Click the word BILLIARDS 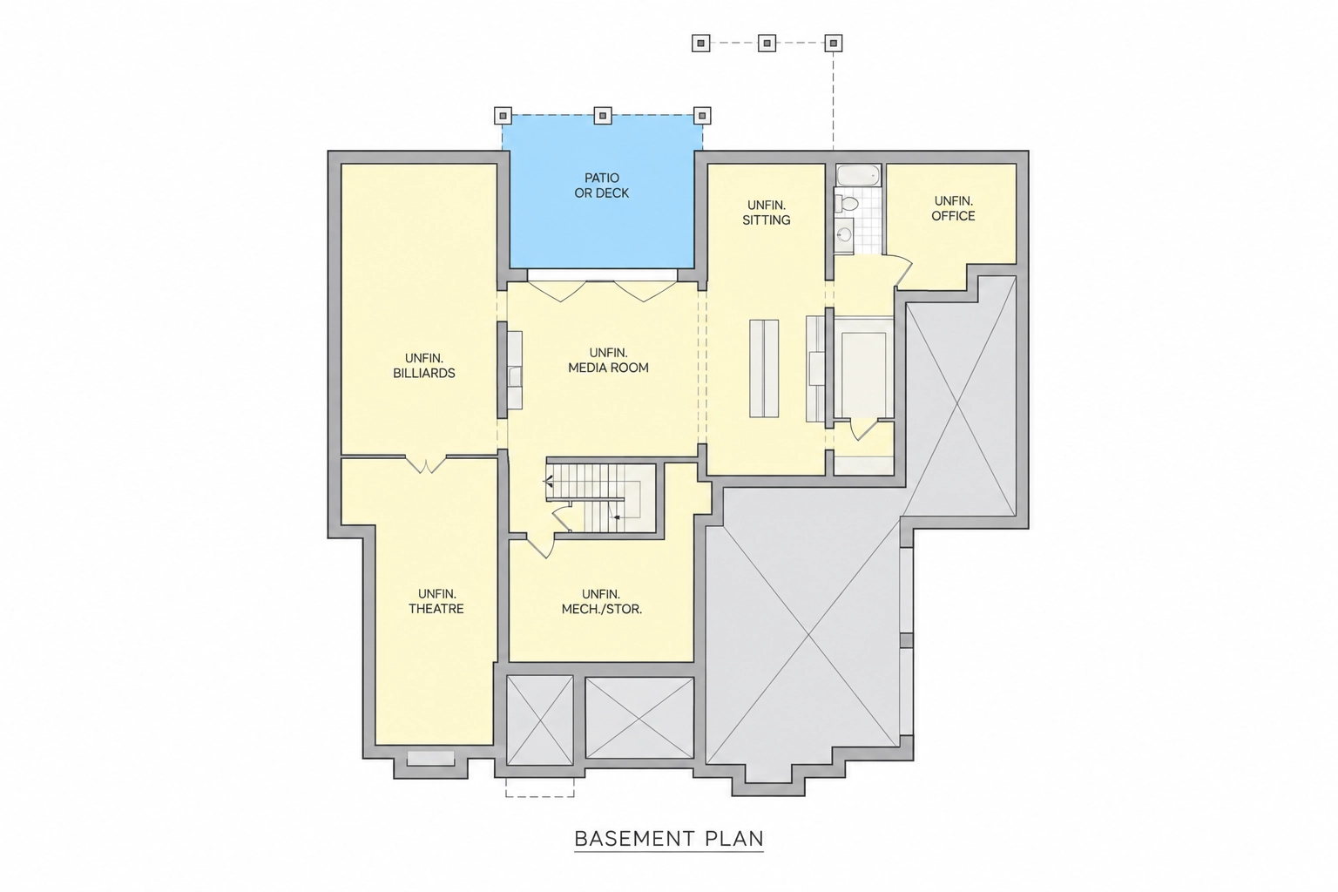(x=424, y=374)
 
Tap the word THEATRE (x=436, y=609)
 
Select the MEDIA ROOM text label (x=608, y=368)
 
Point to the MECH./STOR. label (x=602, y=610)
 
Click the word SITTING (x=767, y=220)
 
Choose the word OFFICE (x=953, y=216)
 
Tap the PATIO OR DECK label (x=602, y=186)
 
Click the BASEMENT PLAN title (x=669, y=839)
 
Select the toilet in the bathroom (x=846, y=203)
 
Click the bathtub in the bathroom (x=858, y=175)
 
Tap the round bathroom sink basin (x=845, y=234)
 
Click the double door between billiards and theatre (x=425, y=464)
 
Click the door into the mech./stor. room (x=540, y=546)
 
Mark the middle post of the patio (x=603, y=115)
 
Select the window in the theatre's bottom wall (x=430, y=758)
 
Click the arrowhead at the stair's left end (x=548, y=480)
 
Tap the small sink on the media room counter (x=515, y=377)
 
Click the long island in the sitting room (x=764, y=368)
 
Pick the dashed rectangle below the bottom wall (x=540, y=787)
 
